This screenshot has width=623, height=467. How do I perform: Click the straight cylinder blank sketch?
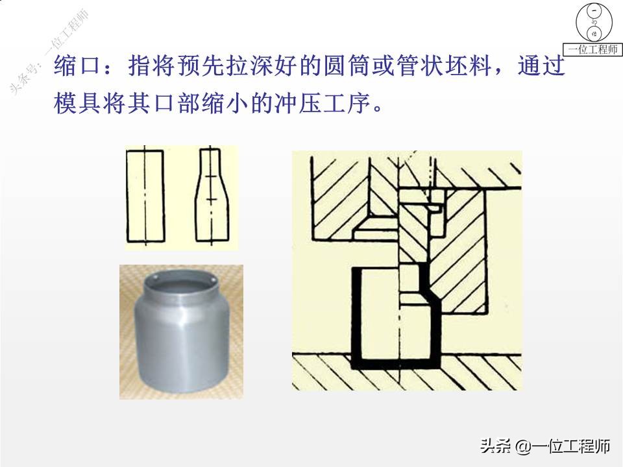tap(145, 197)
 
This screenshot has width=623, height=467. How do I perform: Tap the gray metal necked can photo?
tap(182, 334)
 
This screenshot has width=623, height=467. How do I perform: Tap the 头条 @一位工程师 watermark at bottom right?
tap(545, 446)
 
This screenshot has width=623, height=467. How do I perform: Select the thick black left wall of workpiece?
tap(356, 315)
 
